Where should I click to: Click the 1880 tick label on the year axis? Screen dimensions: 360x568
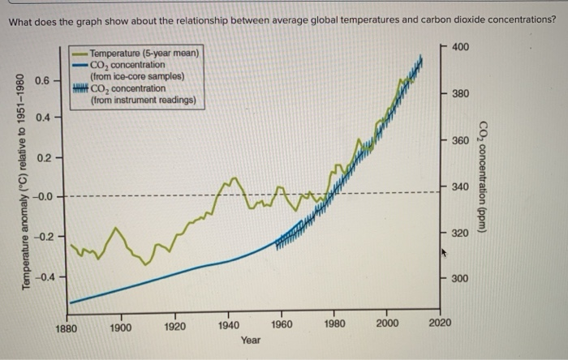point(67,328)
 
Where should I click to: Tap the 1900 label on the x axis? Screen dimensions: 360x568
point(121,328)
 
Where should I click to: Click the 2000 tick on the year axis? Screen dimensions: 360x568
point(387,324)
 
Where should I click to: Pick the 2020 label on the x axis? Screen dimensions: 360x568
point(440,323)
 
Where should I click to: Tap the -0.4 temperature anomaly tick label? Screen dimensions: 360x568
point(41,276)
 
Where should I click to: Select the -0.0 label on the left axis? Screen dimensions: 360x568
point(42,197)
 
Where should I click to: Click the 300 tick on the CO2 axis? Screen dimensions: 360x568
point(459,278)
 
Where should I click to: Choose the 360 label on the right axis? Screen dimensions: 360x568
point(459,141)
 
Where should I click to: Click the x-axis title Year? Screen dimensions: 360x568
point(251,341)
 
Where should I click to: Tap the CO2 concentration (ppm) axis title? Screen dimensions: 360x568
point(483,175)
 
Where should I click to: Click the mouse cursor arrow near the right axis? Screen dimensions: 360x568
point(443,252)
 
